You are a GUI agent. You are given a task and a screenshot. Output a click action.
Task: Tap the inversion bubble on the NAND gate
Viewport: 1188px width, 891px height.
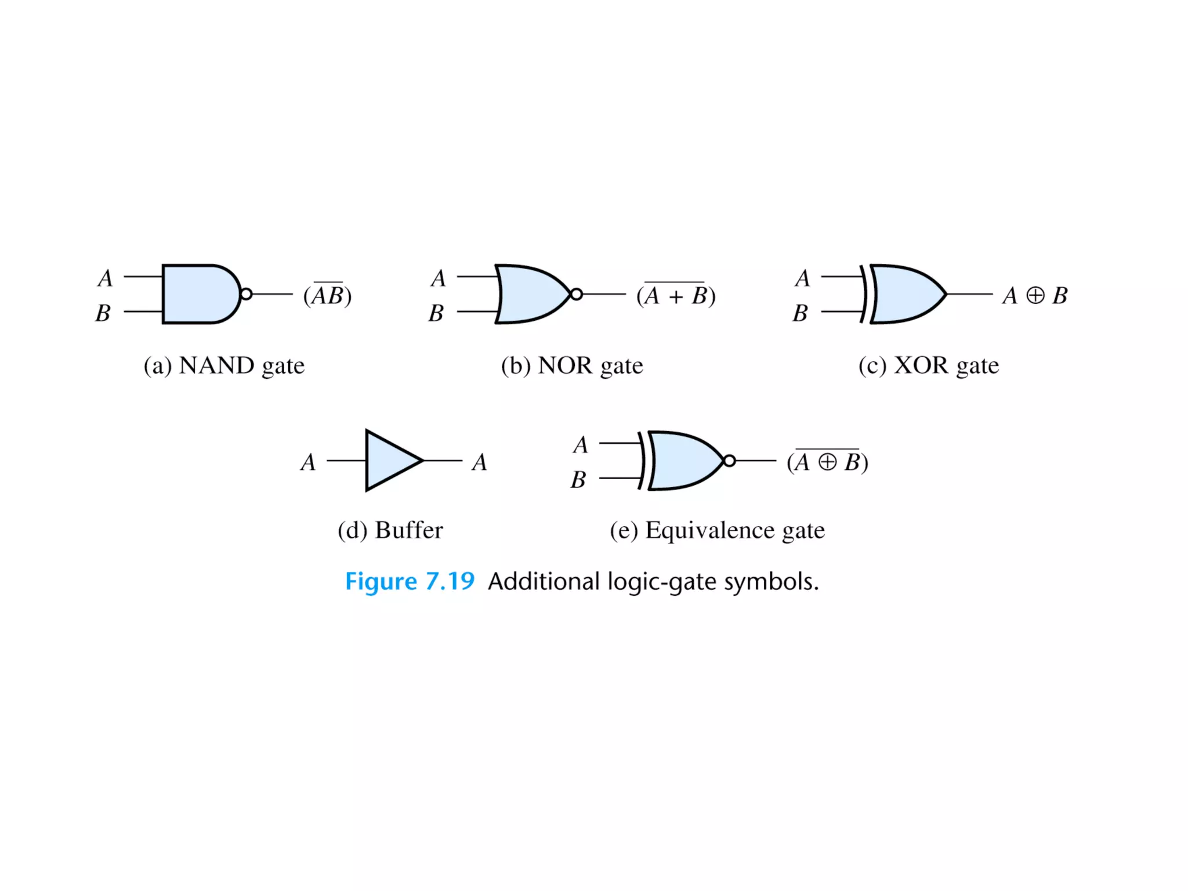click(x=246, y=294)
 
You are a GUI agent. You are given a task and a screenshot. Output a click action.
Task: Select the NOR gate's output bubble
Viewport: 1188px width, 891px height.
click(x=576, y=294)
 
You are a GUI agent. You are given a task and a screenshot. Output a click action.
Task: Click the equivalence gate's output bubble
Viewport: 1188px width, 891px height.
click(x=729, y=461)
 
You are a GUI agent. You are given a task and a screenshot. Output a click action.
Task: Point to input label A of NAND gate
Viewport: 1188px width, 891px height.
click(x=105, y=278)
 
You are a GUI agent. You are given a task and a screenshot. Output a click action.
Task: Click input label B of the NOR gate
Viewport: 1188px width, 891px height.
click(x=436, y=313)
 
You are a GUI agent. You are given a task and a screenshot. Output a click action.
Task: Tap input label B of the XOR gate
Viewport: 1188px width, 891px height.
click(x=801, y=313)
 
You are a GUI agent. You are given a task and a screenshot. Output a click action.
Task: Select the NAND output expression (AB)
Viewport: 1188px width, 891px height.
click(x=328, y=295)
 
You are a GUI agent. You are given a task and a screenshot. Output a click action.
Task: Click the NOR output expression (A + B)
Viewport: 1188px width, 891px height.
click(x=676, y=295)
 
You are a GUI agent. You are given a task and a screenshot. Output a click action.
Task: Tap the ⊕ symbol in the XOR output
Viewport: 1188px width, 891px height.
click(x=1035, y=295)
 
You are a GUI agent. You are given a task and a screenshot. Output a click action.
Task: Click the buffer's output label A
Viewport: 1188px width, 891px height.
click(x=479, y=462)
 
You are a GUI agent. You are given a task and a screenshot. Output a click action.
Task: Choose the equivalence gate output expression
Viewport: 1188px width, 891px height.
click(x=827, y=462)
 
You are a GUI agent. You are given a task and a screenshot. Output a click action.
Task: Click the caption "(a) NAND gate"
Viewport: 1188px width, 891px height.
click(x=224, y=365)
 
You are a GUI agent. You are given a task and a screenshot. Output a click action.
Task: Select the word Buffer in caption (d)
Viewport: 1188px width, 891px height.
click(x=409, y=530)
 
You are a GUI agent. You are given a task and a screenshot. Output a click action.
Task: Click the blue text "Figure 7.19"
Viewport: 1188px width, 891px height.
click(x=410, y=581)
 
